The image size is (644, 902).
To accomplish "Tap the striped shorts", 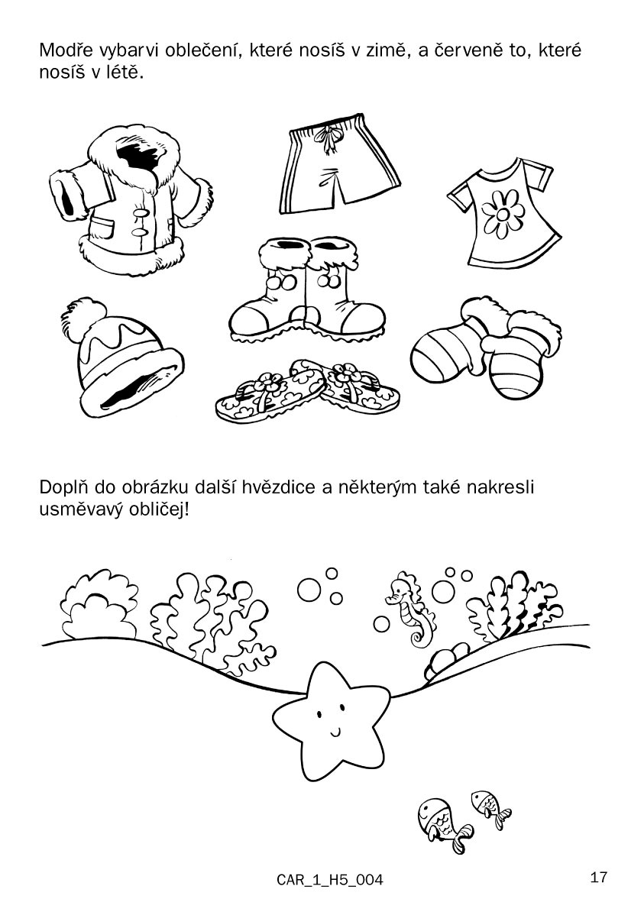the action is [x=339, y=164].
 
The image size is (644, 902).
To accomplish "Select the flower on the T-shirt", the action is [x=503, y=214].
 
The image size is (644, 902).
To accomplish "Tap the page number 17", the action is [x=598, y=878].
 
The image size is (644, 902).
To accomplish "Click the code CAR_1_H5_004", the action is [x=330, y=880].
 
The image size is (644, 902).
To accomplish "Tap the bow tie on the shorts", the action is [x=330, y=139].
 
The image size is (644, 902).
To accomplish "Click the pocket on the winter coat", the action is [x=106, y=229].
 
